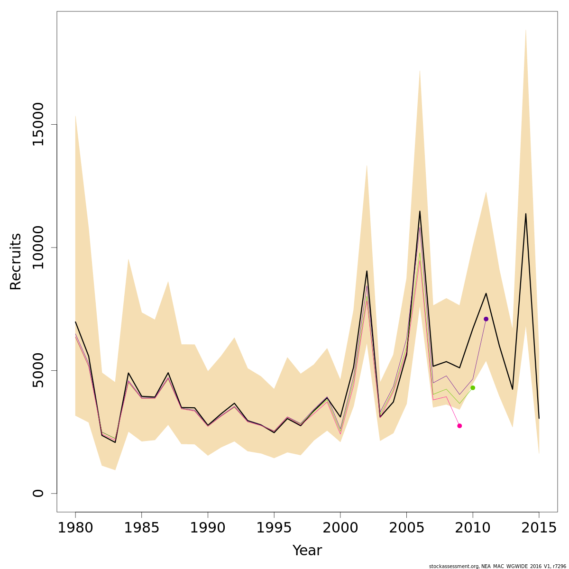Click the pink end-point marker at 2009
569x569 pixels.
(459, 426)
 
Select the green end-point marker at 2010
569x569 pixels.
(473, 388)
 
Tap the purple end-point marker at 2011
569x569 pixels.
(486, 319)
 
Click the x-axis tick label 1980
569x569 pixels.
(75, 528)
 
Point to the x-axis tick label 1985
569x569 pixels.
(142, 528)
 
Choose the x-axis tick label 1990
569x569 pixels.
(208, 528)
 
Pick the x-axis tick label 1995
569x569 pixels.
(274, 528)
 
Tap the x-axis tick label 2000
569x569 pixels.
(340, 528)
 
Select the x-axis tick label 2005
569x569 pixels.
(406, 528)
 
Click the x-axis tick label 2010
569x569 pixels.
(473, 528)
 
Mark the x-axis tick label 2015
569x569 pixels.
(539, 528)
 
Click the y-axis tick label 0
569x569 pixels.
(38, 493)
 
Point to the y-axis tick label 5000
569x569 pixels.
(38, 370)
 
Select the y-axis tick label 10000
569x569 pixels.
(38, 248)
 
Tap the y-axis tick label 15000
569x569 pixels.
(38, 125)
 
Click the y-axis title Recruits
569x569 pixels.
(16, 261)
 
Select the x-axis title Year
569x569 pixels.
(307, 551)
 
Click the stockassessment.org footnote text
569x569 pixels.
(497, 566)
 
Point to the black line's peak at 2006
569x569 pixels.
(420, 211)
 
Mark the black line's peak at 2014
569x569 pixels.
(525, 214)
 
